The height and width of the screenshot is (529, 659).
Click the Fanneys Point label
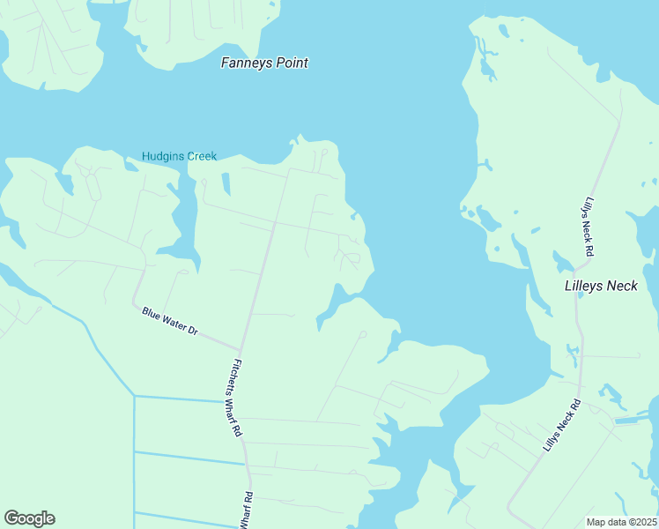click(263, 63)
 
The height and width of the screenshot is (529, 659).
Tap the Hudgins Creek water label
click(179, 157)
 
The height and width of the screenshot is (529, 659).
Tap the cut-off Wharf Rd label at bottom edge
click(247, 510)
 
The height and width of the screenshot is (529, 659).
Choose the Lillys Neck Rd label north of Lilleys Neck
click(586, 227)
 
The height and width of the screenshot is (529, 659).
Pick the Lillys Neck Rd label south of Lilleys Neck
click(562, 427)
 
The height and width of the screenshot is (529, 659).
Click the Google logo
click(29, 518)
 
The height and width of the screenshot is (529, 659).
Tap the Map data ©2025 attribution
click(621, 522)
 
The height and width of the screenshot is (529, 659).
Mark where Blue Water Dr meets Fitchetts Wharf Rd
click(241, 349)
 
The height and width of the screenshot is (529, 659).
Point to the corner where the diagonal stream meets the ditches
click(134, 396)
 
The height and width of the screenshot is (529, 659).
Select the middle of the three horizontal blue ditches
click(189, 458)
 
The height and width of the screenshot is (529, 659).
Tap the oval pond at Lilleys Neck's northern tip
click(503, 31)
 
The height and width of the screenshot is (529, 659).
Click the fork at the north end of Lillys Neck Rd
click(620, 121)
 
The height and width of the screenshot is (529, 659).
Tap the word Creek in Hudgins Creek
click(200, 157)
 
